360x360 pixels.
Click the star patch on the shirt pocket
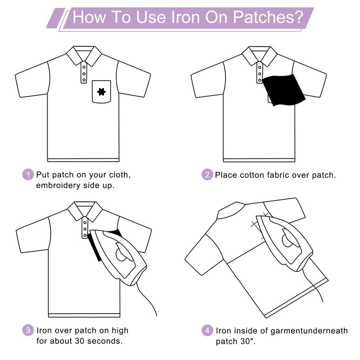101,92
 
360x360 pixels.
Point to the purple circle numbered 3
28,330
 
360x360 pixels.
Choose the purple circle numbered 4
207,330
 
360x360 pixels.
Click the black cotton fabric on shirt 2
283,90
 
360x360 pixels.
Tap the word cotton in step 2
254,175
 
